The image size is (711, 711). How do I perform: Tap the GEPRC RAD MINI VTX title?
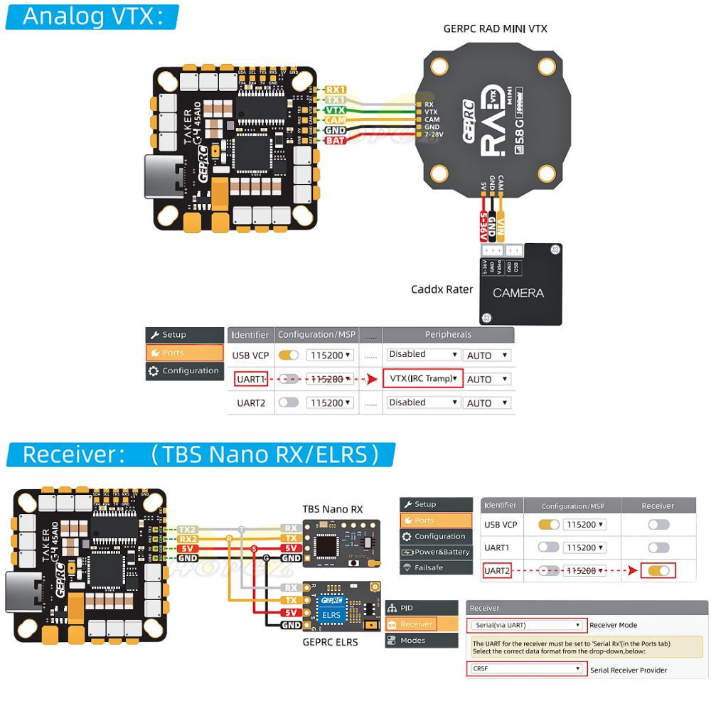(495, 28)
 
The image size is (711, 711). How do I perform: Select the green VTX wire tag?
(335, 110)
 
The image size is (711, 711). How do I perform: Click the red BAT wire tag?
(335, 141)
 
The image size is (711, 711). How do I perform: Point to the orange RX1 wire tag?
(335, 90)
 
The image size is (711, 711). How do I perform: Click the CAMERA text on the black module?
(518, 293)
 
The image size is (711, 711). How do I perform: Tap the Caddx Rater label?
(442, 289)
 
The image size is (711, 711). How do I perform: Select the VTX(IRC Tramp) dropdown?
(423, 378)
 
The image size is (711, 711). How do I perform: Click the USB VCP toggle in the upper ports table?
(289, 355)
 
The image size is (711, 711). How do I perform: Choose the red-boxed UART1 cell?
(250, 379)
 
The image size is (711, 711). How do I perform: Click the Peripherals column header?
(448, 334)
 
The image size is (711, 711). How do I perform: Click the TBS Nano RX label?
(332, 509)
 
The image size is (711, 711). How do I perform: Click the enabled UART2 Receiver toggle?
(658, 570)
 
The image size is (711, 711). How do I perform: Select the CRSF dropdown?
(527, 668)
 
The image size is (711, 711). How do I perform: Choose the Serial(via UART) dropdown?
(527, 625)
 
